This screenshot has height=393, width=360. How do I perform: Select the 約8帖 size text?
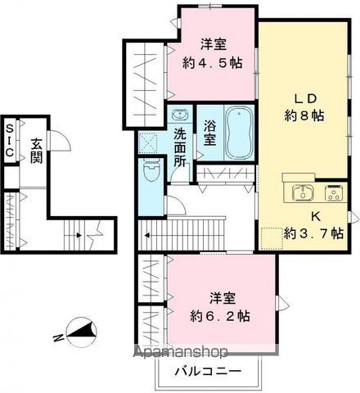[x=304, y=116]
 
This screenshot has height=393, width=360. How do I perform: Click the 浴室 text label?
[x=209, y=133]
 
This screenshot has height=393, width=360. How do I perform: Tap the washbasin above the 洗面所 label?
[x=179, y=116]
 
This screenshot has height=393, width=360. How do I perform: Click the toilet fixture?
[x=151, y=173]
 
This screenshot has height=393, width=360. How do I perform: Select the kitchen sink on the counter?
[x=300, y=193]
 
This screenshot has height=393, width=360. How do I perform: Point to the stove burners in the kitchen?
[x=335, y=193]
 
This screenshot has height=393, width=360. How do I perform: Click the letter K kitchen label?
[x=315, y=218]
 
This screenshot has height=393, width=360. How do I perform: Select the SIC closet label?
[x=9, y=141]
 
